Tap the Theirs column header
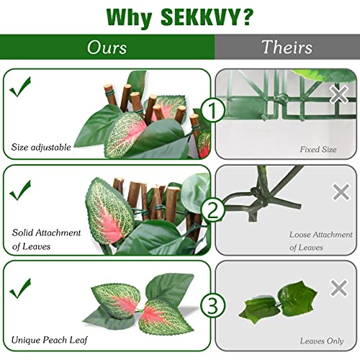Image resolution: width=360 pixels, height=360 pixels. tap(287, 48)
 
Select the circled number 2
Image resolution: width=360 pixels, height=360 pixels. tap(212, 210)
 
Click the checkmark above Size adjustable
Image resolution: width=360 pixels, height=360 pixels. tap(21, 88)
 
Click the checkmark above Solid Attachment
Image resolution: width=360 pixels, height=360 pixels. tap(21, 189)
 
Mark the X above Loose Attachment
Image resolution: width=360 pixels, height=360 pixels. tap(341, 192)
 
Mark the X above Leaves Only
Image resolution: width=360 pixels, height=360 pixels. tap(339, 288)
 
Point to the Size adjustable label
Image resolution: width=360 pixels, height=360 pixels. tap(41, 148)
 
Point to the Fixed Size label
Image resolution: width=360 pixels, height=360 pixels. tap(318, 150)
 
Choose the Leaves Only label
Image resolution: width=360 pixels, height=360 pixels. tap(321, 340)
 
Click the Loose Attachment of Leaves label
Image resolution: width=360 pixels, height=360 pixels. tap(320, 240)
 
